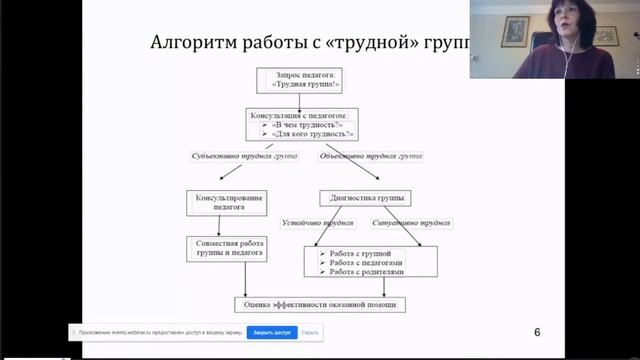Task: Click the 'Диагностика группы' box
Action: point(365,198)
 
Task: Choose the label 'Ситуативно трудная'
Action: point(410,222)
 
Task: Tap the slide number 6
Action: point(537,332)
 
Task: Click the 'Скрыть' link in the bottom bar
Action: point(310,332)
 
